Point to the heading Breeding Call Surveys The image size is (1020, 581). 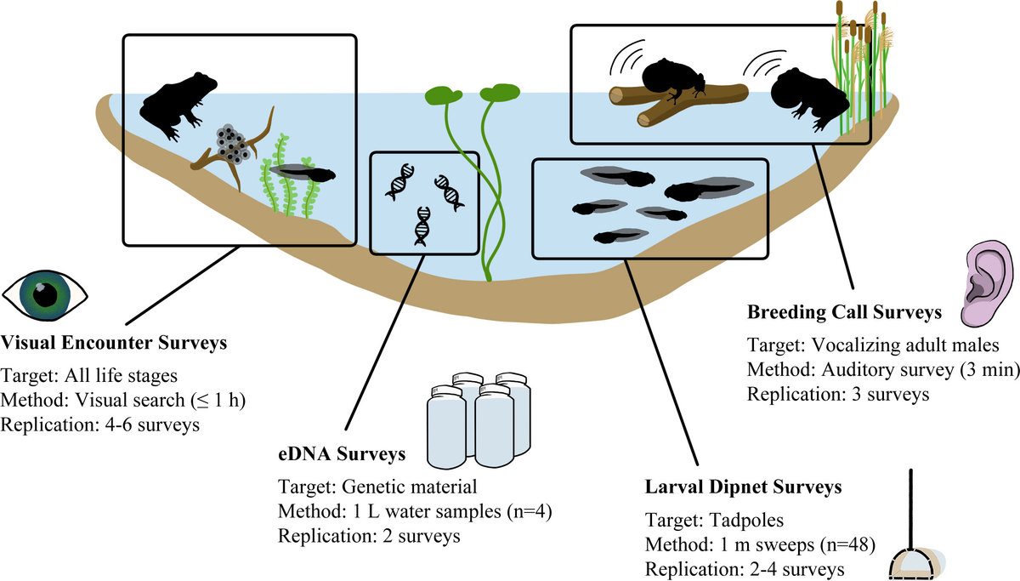click(x=844, y=313)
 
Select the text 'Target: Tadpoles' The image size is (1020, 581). click(x=700, y=520)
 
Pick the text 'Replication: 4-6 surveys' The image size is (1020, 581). click(x=101, y=424)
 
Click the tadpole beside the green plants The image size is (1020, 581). click(x=308, y=173)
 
